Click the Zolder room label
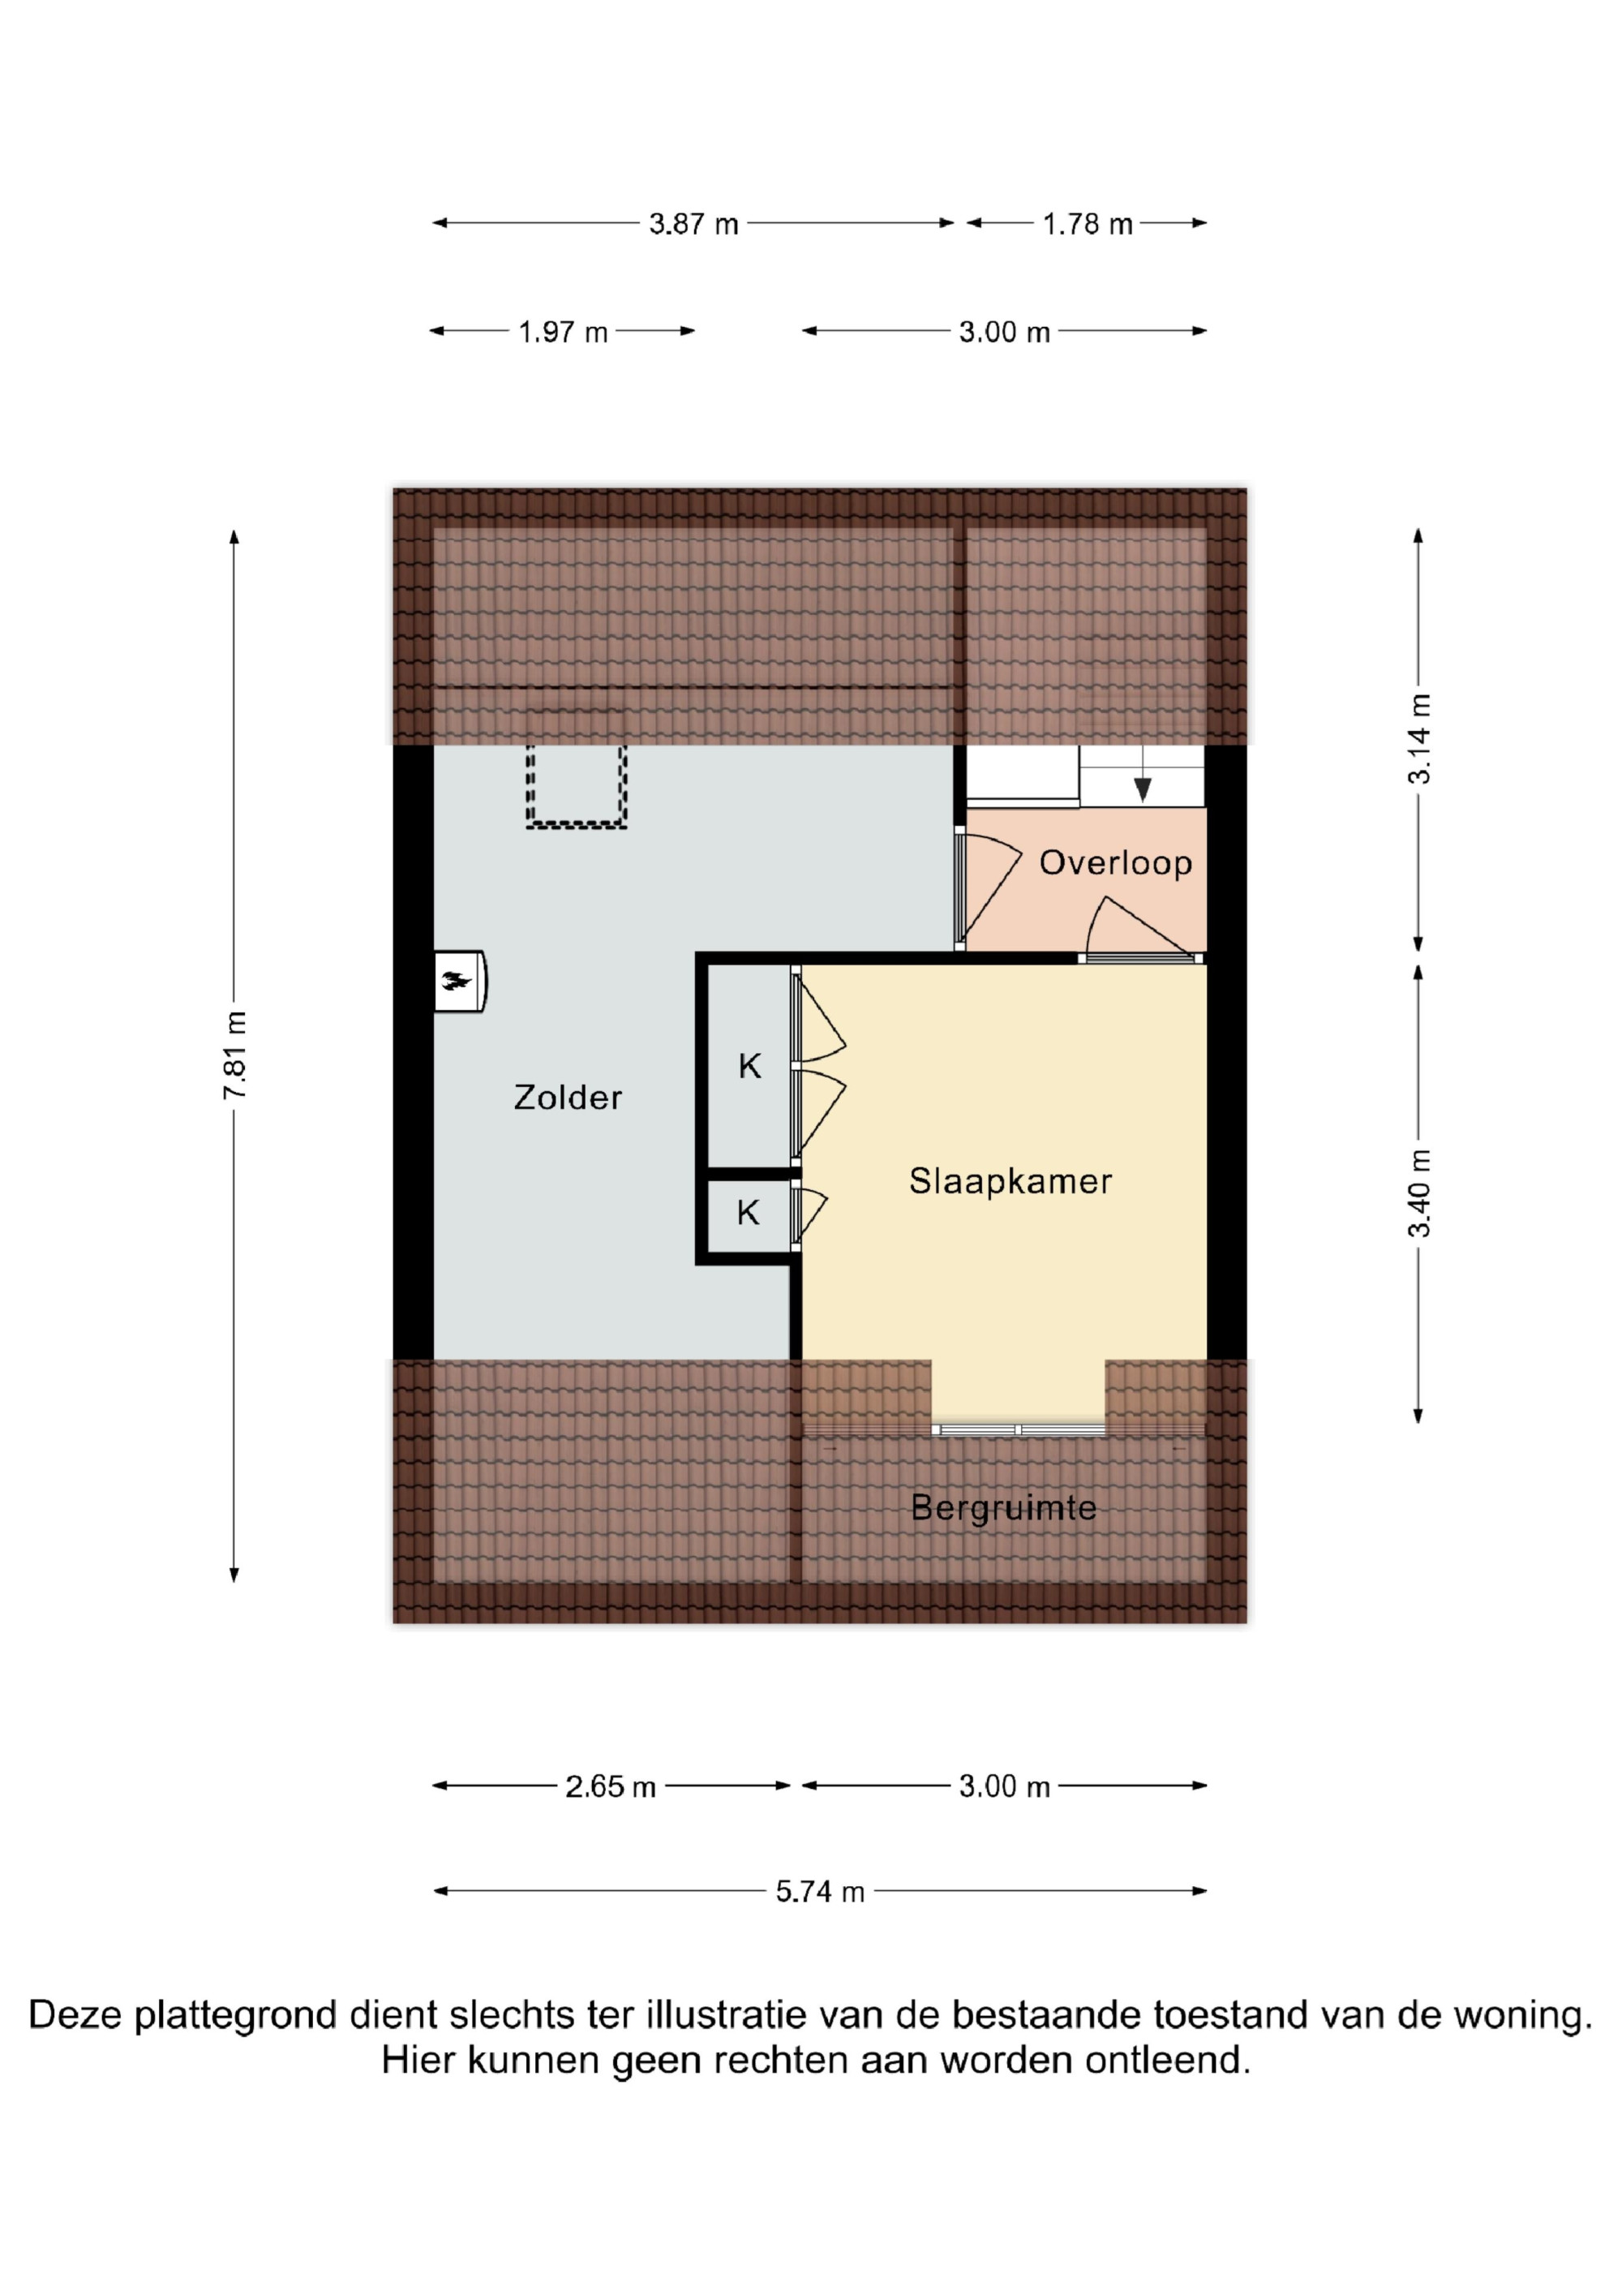[568, 1098]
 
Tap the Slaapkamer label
[1011, 1181]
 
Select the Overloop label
[1115, 862]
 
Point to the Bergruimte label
[1003, 1507]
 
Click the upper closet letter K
[749, 1067]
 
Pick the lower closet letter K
[749, 1214]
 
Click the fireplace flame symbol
[457, 981]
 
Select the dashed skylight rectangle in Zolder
[577, 784]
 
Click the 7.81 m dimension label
[235, 1055]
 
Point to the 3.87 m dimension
[693, 224]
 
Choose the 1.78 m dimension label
[1088, 224]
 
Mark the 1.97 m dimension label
[563, 332]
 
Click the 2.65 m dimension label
[611, 1786]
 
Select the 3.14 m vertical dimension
[1419, 739]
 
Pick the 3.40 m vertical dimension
[1419, 1193]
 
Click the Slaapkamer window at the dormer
[1019, 1429]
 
